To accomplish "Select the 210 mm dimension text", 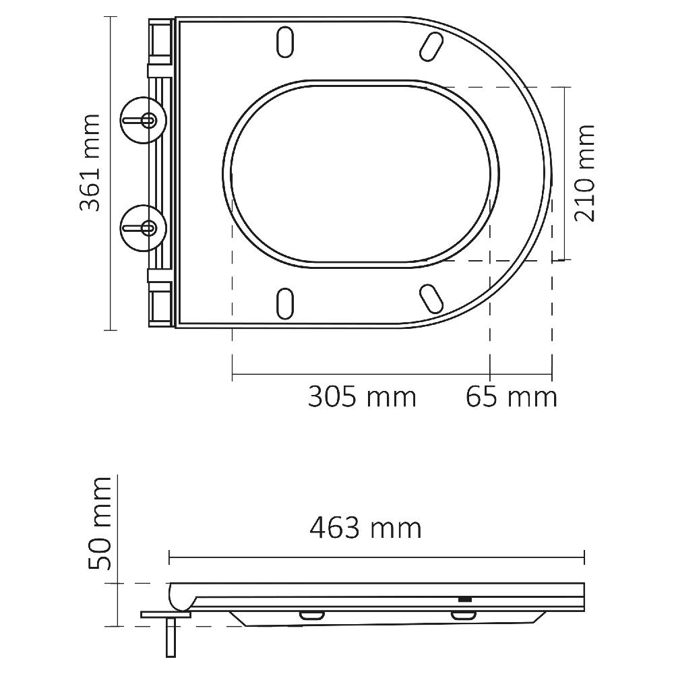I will pyautogui.click(x=584, y=173).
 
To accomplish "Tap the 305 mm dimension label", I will pyautogui.click(x=362, y=397).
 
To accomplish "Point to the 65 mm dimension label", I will pyautogui.click(x=512, y=397).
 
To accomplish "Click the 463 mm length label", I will pyautogui.click(x=365, y=528).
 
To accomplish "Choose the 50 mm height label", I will pyautogui.click(x=100, y=522).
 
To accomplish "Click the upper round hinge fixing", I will pyautogui.click(x=142, y=119).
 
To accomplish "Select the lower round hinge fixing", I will pyautogui.click(x=142, y=227).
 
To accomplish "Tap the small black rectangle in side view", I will pyautogui.click(x=464, y=599).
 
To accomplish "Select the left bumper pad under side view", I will pyautogui.click(x=311, y=615).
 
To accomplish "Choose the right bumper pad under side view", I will pyautogui.click(x=462, y=615).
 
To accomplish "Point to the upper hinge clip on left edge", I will pyautogui.click(x=160, y=69).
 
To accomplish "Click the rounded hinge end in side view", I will pyautogui.click(x=179, y=596).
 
